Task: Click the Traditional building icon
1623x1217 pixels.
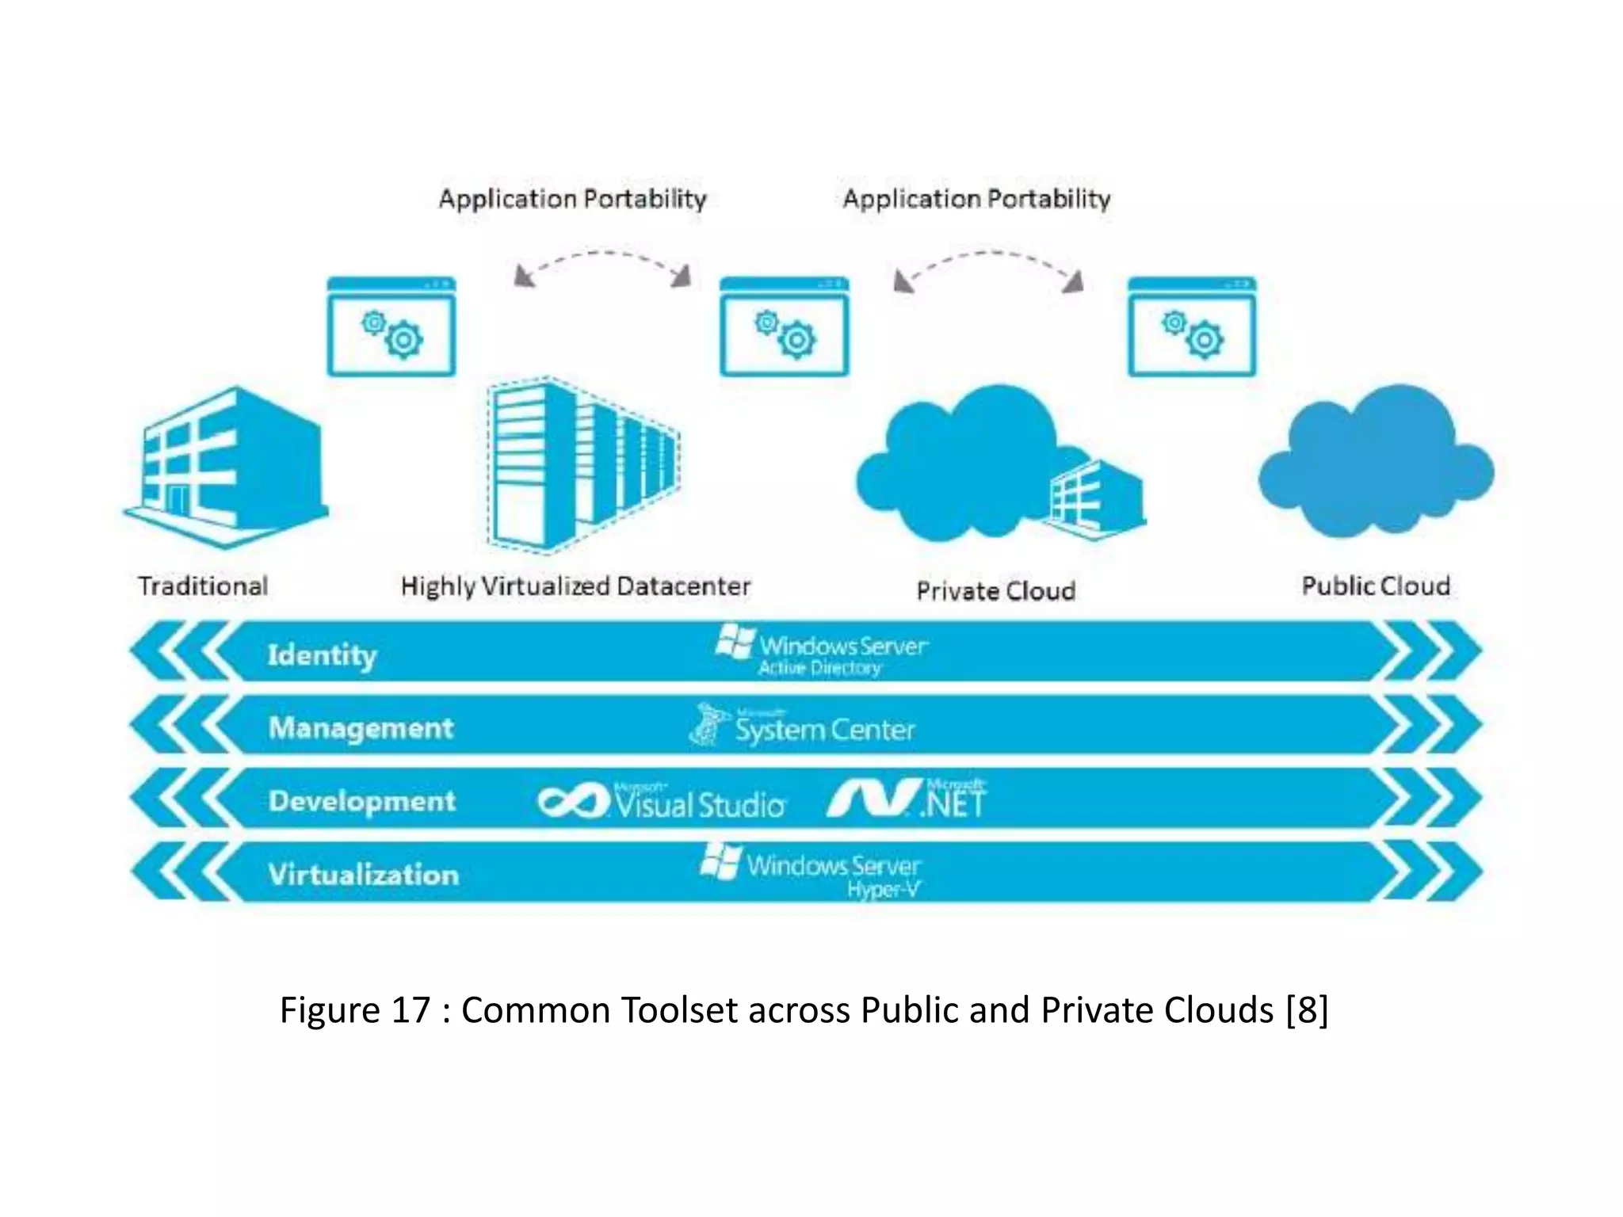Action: point(226,467)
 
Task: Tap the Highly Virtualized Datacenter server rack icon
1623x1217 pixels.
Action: point(582,465)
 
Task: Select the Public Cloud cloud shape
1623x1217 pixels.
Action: point(1377,464)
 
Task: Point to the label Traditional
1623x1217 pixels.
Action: point(203,586)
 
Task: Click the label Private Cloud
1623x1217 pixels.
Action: point(996,591)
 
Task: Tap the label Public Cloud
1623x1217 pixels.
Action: point(1376,586)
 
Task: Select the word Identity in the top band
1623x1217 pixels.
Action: point(322,655)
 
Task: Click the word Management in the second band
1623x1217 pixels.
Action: point(361,728)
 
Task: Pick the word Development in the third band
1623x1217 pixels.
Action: point(362,801)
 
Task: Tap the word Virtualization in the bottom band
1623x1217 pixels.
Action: point(364,875)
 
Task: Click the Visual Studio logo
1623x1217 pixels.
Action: point(662,802)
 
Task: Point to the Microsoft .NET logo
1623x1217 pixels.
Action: point(907,799)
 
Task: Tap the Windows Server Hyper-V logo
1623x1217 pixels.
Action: point(811,871)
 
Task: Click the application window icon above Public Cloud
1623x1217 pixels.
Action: point(1192,326)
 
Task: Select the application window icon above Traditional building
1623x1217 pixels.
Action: point(391,326)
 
